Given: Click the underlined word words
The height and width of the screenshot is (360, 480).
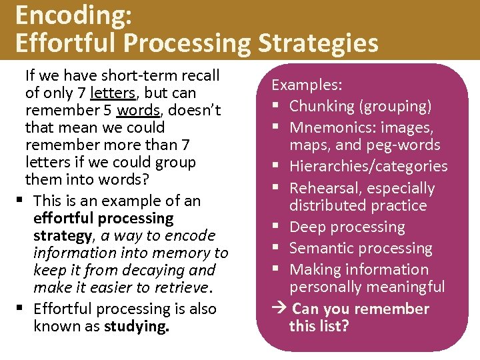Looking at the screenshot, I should pyautogui.click(x=139, y=110).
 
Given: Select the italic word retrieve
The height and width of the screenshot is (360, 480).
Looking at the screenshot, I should pyautogui.click(x=179, y=287).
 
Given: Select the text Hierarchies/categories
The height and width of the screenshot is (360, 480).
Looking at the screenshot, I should pyautogui.click(x=368, y=166).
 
